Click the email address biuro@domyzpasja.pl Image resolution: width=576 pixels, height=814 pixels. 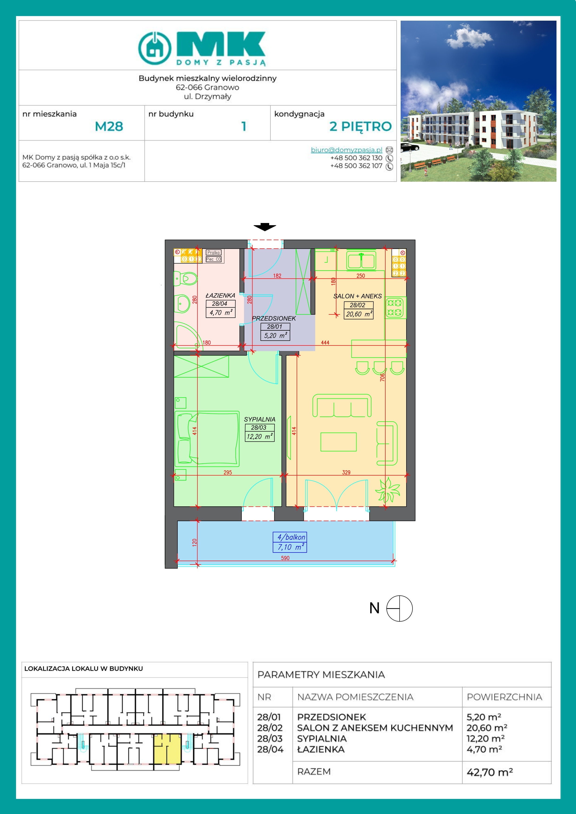point(346,150)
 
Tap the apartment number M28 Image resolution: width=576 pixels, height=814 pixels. point(109,126)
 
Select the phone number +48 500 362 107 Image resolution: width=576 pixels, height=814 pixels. point(356,166)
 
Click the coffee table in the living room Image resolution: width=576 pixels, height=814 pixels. point(338,442)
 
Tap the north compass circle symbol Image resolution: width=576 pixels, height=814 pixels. point(399,608)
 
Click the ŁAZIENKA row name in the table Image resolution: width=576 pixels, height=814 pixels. point(321,749)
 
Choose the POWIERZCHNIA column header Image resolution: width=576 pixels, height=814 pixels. point(504,697)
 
